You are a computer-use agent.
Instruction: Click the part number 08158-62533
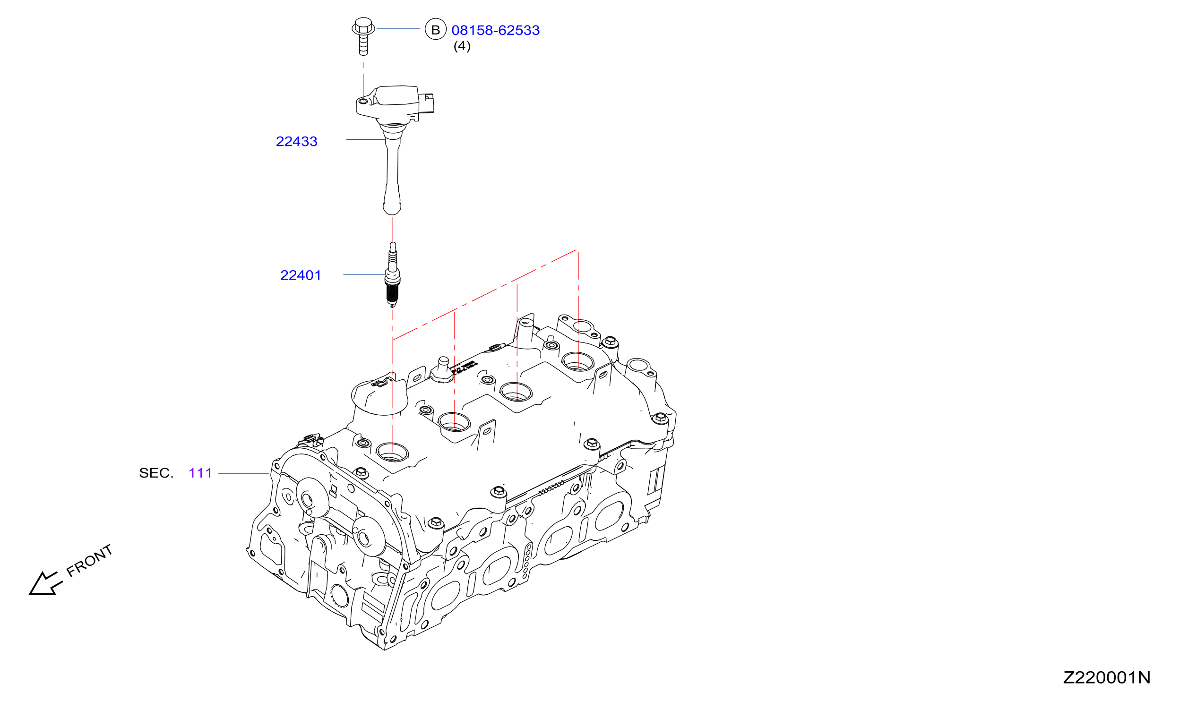coord(495,30)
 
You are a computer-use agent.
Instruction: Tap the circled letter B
coord(436,29)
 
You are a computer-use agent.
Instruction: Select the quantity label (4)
coord(462,46)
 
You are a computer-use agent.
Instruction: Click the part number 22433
coord(296,142)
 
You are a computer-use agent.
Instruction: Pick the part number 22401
coord(301,275)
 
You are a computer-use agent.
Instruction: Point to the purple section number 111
coord(200,473)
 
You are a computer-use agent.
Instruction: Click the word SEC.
coord(156,473)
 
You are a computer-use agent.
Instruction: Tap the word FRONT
coord(89,561)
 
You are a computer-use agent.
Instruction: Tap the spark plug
coord(392,275)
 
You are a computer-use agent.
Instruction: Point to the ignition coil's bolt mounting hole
coord(363,101)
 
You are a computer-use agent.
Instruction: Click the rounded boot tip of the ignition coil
coord(392,207)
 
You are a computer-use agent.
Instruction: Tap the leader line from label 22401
coord(364,274)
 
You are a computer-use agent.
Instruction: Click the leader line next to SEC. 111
coord(244,473)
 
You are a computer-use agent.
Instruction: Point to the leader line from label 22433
coord(366,140)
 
